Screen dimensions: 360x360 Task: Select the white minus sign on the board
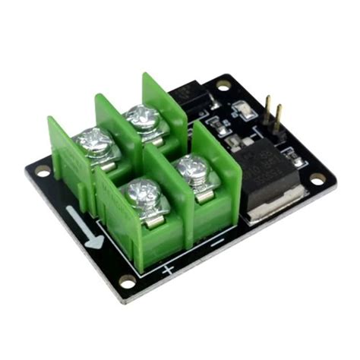pyautogui.click(x=216, y=244)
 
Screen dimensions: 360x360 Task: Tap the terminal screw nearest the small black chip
pyautogui.click(x=142, y=117)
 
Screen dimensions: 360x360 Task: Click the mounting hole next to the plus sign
pyautogui.click(x=127, y=282)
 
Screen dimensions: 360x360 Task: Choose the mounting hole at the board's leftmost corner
pyautogui.click(x=41, y=172)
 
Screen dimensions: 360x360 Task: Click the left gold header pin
pyautogui.click(x=268, y=109)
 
